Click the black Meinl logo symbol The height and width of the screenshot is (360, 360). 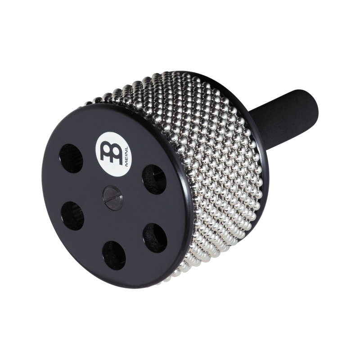click(111, 153)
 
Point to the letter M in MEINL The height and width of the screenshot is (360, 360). click(127, 165)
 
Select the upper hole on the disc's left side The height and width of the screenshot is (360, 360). click(72, 158)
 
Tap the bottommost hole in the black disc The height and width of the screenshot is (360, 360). click(114, 255)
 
